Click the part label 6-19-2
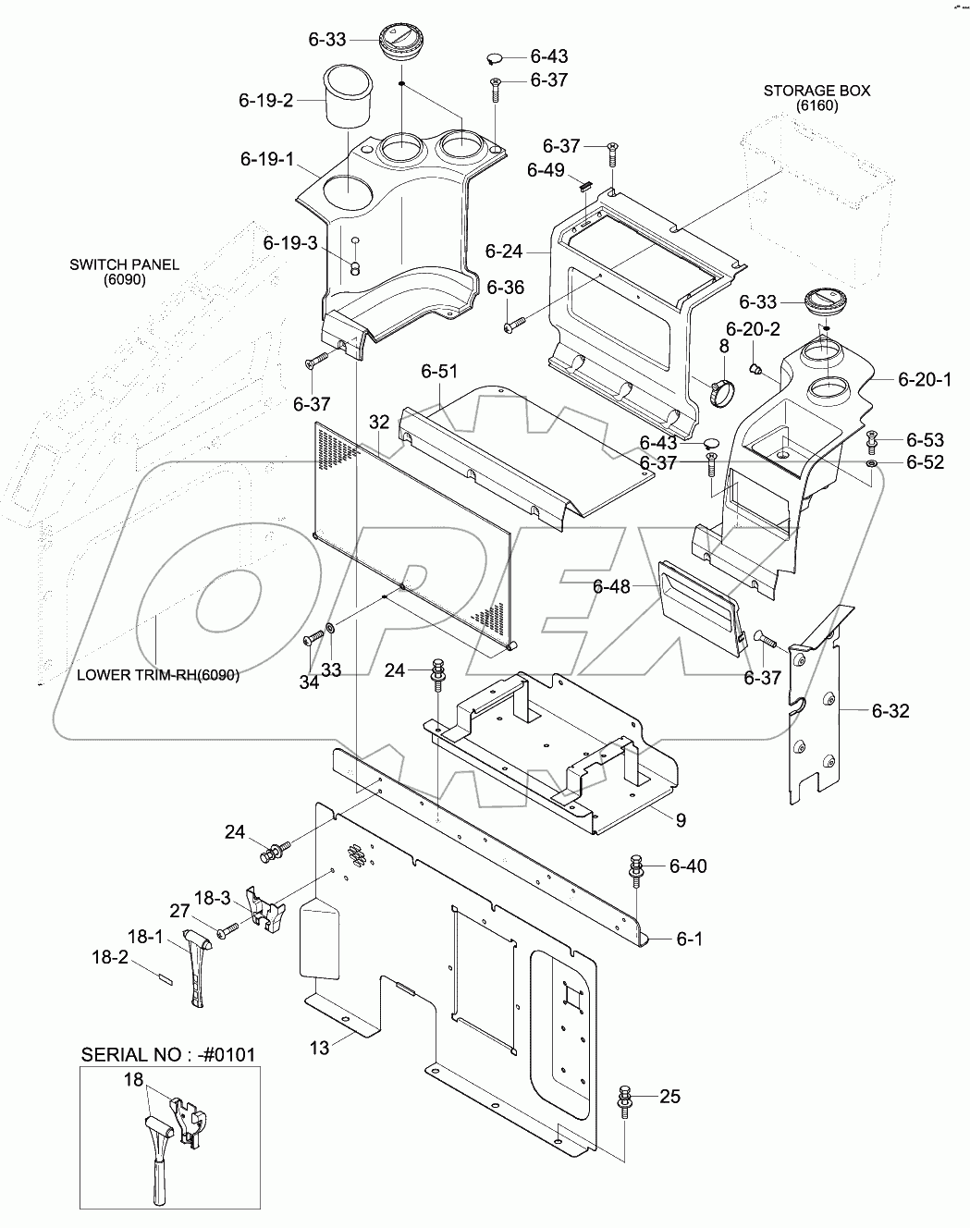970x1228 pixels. [x=265, y=100]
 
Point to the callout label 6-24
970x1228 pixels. [x=503, y=251]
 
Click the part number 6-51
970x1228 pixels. [x=439, y=372]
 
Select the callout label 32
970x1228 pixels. [x=379, y=422]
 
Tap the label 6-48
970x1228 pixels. [x=611, y=586]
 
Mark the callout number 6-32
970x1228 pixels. [x=890, y=710]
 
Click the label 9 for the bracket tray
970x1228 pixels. [x=680, y=818]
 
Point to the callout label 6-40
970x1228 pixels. [x=687, y=866]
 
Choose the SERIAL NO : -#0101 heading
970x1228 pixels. [x=168, y=1054]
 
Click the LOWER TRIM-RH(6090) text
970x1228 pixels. [x=158, y=675]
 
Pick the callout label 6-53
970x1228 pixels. [x=925, y=439]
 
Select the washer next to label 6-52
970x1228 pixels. [x=873, y=461]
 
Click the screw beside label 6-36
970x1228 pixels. [x=514, y=325]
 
